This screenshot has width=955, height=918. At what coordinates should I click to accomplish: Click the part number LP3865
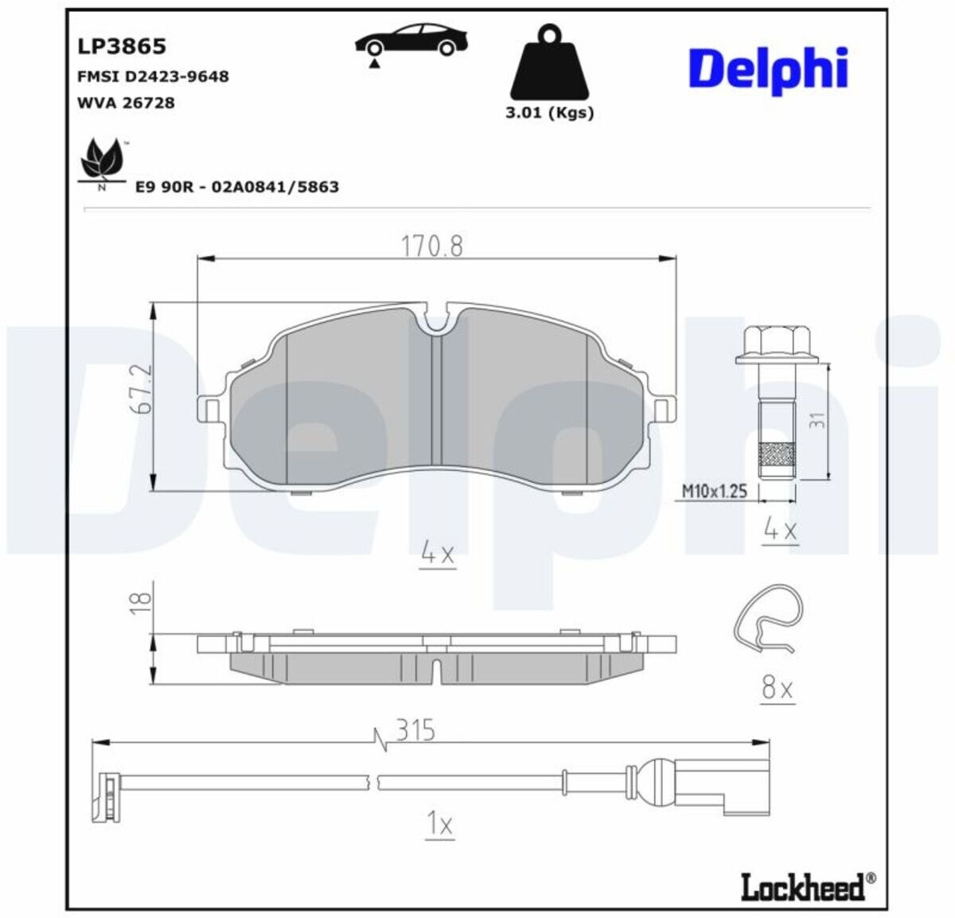pos(122,46)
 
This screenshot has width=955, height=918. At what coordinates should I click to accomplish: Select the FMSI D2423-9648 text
pos(153,76)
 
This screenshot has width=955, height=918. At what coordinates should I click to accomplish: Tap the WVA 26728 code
pos(126,103)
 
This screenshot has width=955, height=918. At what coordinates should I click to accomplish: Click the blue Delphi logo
pos(769,71)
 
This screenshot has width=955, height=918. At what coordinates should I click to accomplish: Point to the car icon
pos(411,43)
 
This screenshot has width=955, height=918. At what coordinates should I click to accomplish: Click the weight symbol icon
pos(550,63)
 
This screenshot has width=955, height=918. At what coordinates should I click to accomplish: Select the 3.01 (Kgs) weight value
pos(550,113)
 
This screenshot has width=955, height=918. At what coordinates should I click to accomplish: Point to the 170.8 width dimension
pos(432,246)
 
